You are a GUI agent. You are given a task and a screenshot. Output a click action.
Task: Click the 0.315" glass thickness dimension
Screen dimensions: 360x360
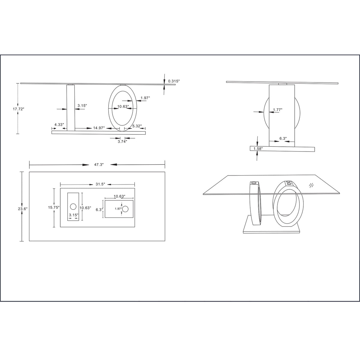pyautogui.click(x=174, y=81)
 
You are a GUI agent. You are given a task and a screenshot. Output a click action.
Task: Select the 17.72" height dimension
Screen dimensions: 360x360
pyautogui.click(x=19, y=109)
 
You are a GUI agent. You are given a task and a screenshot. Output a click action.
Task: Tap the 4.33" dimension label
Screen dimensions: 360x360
pyautogui.click(x=59, y=124)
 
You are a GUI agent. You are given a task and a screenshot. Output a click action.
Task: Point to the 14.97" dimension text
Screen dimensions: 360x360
pyautogui.click(x=99, y=128)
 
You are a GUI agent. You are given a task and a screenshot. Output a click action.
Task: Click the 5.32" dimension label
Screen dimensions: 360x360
pyautogui.click(x=137, y=126)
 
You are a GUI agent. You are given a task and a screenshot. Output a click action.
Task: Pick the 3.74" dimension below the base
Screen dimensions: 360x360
pyautogui.click(x=122, y=141)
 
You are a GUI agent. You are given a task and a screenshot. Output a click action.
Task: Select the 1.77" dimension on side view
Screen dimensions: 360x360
pyautogui.click(x=277, y=110)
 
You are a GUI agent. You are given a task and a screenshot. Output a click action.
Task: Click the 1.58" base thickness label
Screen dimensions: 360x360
pyautogui.click(x=258, y=149)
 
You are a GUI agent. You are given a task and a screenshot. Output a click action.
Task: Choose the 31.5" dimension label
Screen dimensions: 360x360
pyautogui.click(x=100, y=184)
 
